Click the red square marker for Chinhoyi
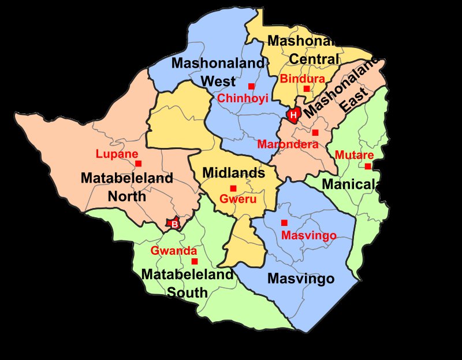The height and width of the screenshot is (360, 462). pyautogui.click(x=251, y=86)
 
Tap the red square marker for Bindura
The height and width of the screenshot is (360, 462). pyautogui.click(x=307, y=88)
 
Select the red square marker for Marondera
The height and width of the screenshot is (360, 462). pyautogui.click(x=315, y=133)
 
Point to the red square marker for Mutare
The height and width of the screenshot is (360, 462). pyautogui.click(x=367, y=166)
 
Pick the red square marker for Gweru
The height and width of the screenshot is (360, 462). pyautogui.click(x=233, y=188)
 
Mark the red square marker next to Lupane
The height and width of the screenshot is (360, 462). pyautogui.click(x=139, y=164)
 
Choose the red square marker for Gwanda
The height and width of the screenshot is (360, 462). pyautogui.click(x=194, y=261)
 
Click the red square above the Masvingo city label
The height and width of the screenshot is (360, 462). pyautogui.click(x=284, y=222)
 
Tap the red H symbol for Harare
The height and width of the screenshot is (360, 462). pyautogui.click(x=293, y=115)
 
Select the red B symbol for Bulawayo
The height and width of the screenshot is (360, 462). pyautogui.click(x=173, y=224)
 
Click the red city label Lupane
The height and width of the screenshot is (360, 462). pyautogui.click(x=117, y=154)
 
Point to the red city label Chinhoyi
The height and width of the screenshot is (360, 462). pyautogui.click(x=243, y=99)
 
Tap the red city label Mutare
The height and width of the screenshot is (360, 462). pyautogui.click(x=354, y=155)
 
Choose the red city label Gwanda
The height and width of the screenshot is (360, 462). pyautogui.click(x=173, y=251)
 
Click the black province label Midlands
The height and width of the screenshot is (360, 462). pyautogui.click(x=233, y=172)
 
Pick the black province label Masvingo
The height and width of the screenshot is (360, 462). pyautogui.click(x=301, y=279)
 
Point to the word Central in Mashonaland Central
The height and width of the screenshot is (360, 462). pyautogui.click(x=314, y=59)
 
